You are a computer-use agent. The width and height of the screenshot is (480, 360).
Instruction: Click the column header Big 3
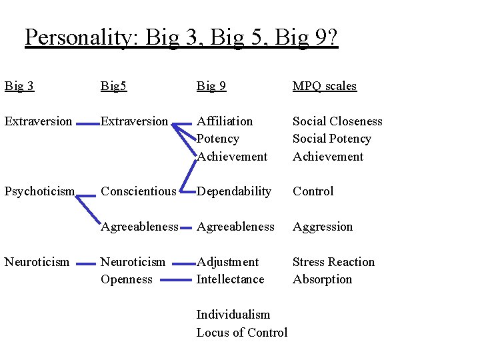pyautogui.click(x=19, y=86)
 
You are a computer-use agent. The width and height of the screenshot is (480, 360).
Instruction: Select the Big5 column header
pyautogui.click(x=115, y=86)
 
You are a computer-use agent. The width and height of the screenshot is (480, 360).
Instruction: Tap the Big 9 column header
pyautogui.click(x=211, y=86)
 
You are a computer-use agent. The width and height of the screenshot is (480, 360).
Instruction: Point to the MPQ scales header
pyautogui.click(x=325, y=86)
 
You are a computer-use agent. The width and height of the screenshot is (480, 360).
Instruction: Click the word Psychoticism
pyautogui.click(x=39, y=191)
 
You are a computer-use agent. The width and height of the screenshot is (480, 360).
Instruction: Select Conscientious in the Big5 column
pyautogui.click(x=139, y=191)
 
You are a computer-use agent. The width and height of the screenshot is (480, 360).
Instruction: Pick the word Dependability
pyautogui.click(x=234, y=191)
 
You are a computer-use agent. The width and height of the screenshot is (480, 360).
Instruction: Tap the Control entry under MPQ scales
pyautogui.click(x=313, y=191)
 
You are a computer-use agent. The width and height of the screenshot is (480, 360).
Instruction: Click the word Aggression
pyautogui.click(x=323, y=227)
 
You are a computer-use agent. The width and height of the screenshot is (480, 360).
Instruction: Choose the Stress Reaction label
pyautogui.click(x=333, y=262)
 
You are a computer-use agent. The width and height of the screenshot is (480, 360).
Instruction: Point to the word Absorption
pyautogui.click(x=322, y=279)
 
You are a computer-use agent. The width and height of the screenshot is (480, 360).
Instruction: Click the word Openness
pyautogui.click(x=127, y=279)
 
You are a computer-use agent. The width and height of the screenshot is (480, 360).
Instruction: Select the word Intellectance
pyautogui.click(x=230, y=279)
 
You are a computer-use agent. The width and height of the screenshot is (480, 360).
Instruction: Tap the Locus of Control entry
pyautogui.click(x=241, y=332)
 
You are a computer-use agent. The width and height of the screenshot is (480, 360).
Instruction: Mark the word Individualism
pyautogui.click(x=233, y=315)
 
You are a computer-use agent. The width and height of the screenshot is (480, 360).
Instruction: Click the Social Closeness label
pyautogui.click(x=337, y=121)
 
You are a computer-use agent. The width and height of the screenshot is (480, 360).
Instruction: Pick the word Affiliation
pyautogui.click(x=225, y=121)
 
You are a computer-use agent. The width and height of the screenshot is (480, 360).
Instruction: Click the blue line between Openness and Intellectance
pyautogui.click(x=175, y=281)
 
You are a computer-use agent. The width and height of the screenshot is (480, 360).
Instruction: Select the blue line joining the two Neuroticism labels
pyautogui.click(x=85, y=264)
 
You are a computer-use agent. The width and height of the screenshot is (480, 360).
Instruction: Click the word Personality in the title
pyautogui.click(x=79, y=37)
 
